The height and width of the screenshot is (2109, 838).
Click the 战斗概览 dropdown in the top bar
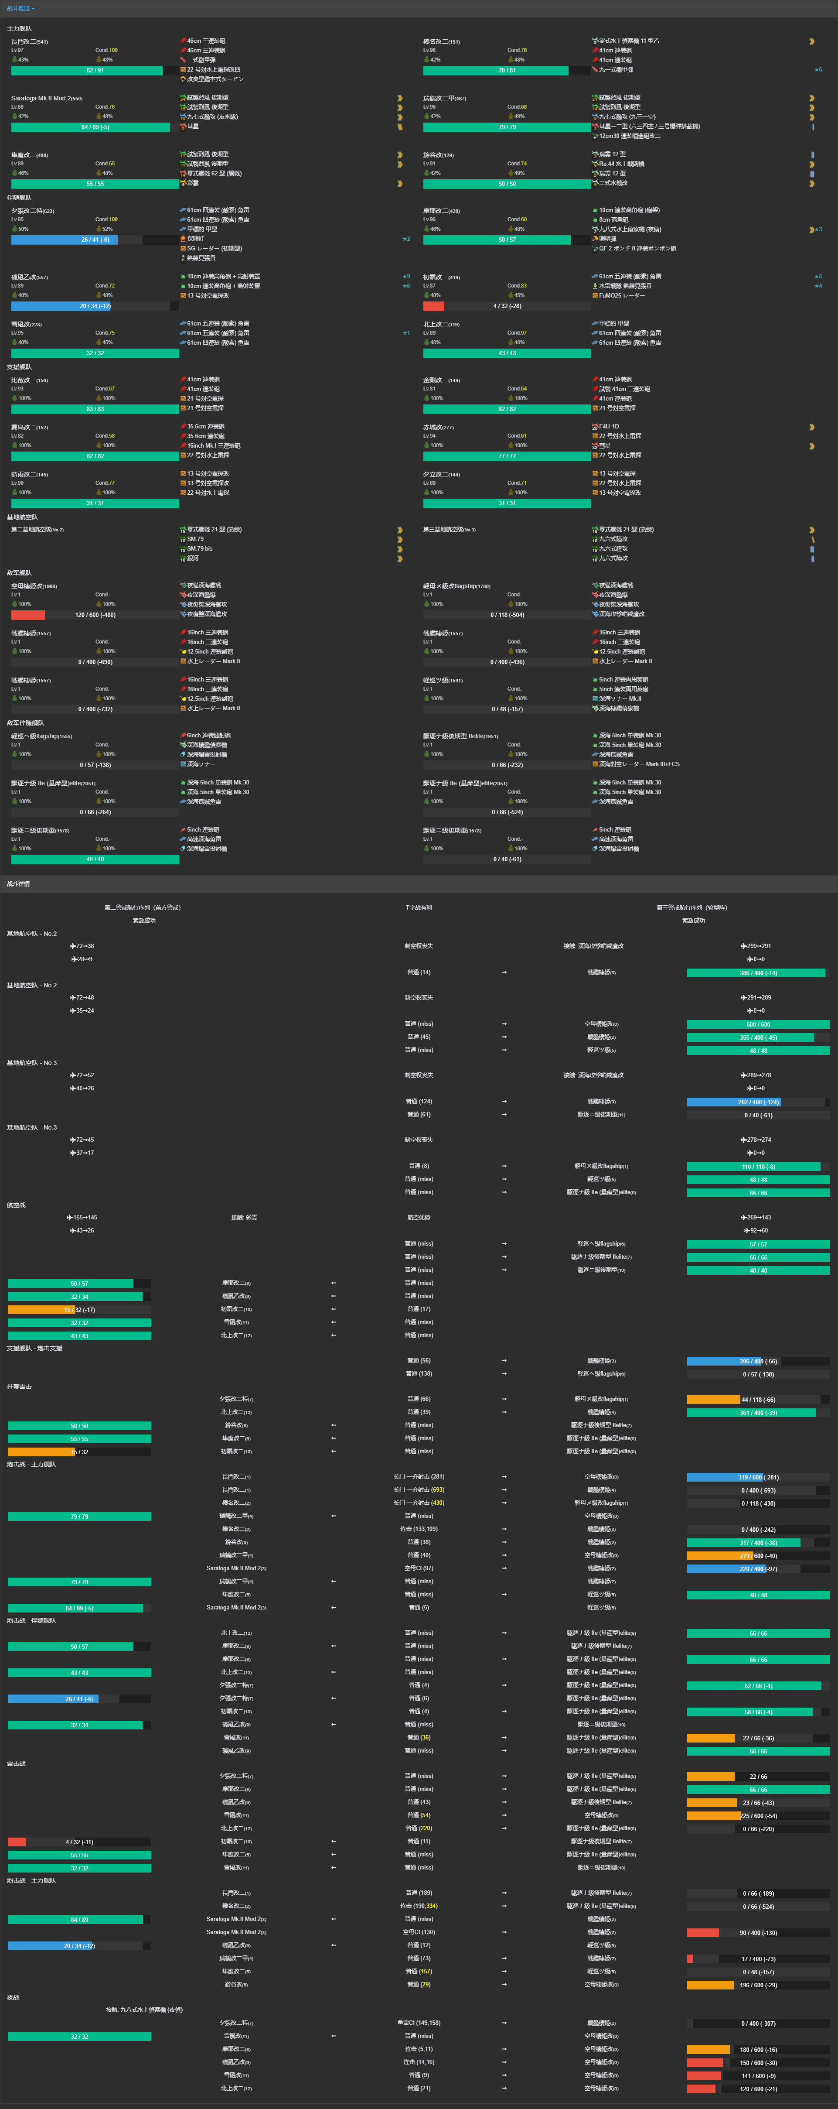coord(20,8)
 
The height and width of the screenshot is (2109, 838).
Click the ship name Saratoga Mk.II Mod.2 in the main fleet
coord(46,98)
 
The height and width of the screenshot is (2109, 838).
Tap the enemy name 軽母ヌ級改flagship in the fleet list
coord(456,586)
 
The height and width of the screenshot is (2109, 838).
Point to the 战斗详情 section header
coord(18,884)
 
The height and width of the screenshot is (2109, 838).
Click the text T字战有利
coord(419,907)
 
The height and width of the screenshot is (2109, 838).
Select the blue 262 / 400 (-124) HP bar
coord(758,1102)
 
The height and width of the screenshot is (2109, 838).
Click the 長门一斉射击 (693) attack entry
coord(419,1489)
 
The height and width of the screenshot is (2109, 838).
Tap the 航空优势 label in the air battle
coord(419,1217)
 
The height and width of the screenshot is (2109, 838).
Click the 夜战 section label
coord(13,1997)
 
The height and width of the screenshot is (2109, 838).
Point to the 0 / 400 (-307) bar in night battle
coord(758,2023)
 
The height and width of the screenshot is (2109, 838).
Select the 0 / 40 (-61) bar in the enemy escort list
coord(507,859)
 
